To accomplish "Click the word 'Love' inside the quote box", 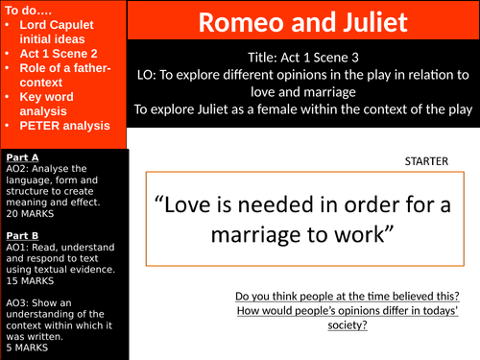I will (x=186, y=204).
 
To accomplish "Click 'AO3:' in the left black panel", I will (x=18, y=302).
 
